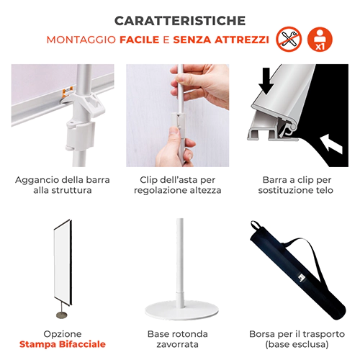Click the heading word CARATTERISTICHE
click(180, 21)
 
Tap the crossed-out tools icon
click(289, 39)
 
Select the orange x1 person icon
click(320, 39)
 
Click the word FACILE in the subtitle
click(140, 40)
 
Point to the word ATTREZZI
click(242, 40)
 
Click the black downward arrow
click(266, 81)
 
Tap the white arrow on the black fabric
click(331, 144)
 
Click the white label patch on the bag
click(302, 278)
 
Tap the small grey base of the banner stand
click(61, 315)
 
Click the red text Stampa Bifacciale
click(63, 344)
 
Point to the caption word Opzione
click(63, 334)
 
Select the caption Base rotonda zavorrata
click(178, 339)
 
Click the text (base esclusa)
click(297, 344)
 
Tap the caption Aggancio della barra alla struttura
click(63, 185)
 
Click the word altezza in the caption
click(205, 190)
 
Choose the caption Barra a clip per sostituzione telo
click(297, 185)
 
